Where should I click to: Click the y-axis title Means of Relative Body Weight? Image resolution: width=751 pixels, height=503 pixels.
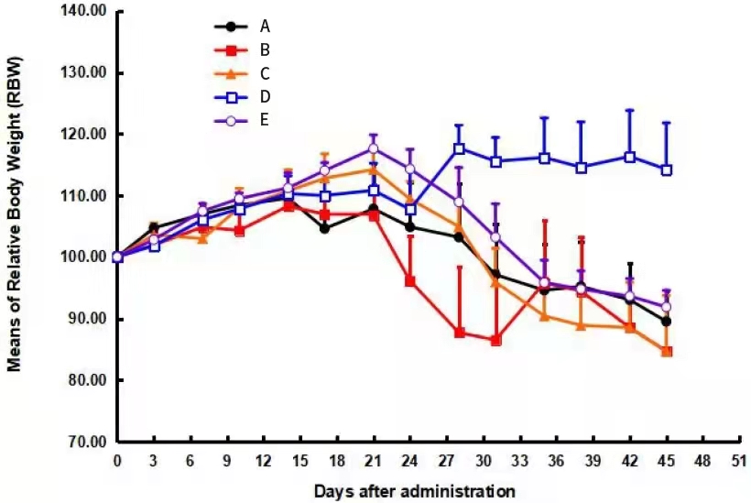point(16,213)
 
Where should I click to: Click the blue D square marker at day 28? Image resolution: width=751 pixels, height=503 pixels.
point(459,148)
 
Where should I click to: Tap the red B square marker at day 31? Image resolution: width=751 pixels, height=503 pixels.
point(496,340)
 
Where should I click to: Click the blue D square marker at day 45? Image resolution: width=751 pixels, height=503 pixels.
point(667,169)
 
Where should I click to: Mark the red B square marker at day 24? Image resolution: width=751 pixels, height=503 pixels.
point(410,280)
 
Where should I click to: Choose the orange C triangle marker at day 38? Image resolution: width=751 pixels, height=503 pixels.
point(581,325)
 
